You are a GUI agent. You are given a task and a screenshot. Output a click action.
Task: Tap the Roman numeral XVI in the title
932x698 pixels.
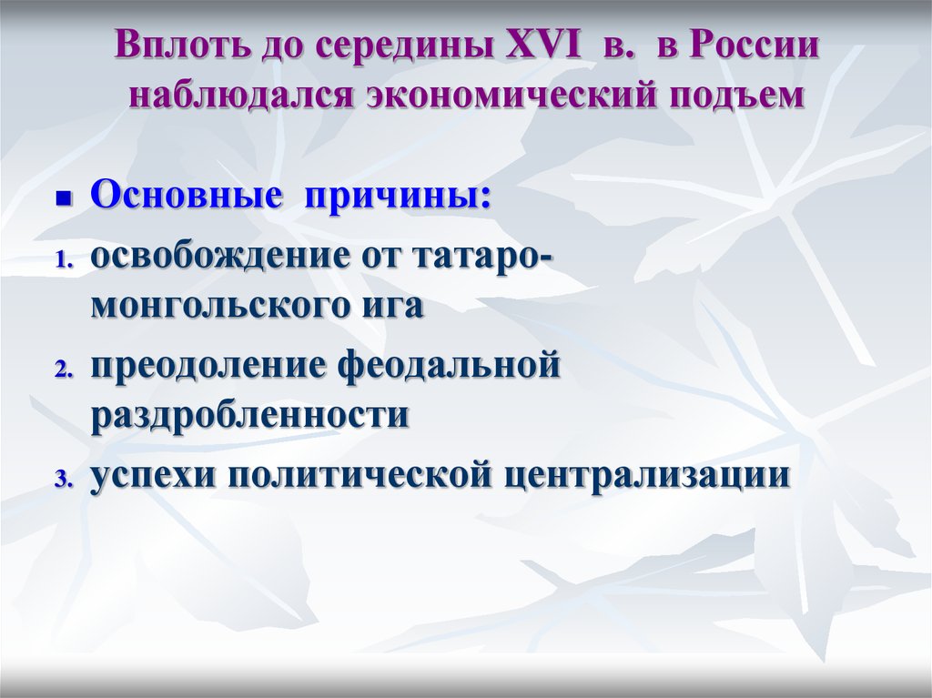coord(542,45)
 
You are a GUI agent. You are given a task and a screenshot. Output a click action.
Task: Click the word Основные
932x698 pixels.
coord(186,195)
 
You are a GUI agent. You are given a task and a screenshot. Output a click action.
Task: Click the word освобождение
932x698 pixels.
coord(220,258)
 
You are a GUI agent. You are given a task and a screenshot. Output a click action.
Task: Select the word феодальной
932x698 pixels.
coord(449,366)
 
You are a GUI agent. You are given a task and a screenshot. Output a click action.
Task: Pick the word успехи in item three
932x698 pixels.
coord(152,477)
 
